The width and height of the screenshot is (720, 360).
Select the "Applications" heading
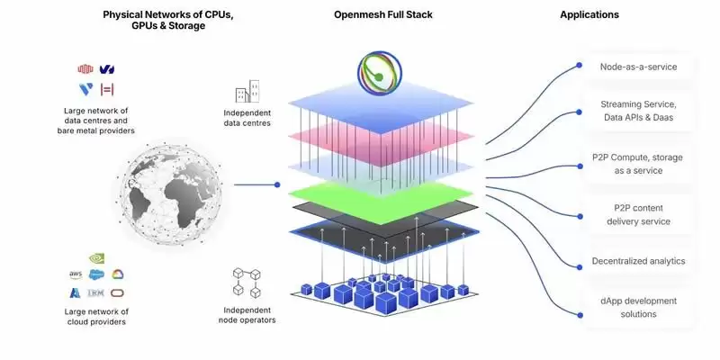[589, 15]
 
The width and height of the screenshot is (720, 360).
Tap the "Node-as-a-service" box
[638, 67]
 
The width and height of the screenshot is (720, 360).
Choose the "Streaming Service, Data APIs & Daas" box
[638, 110]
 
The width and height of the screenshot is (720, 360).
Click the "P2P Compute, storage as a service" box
[638, 164]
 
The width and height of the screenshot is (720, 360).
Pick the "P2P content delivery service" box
[638, 215]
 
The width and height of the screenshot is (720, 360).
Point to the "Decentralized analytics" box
[638, 261]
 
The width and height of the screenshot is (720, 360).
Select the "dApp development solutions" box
[638, 307]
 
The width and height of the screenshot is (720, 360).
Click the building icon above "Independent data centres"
[247, 92]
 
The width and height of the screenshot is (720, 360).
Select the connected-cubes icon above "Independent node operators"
[247, 281]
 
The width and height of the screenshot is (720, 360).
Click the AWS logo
[76, 274]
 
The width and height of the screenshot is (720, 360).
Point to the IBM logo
[96, 292]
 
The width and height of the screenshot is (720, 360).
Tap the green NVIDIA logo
[96, 258]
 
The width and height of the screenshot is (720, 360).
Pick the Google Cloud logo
[118, 274]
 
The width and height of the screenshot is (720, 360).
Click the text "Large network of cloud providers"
[97, 315]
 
